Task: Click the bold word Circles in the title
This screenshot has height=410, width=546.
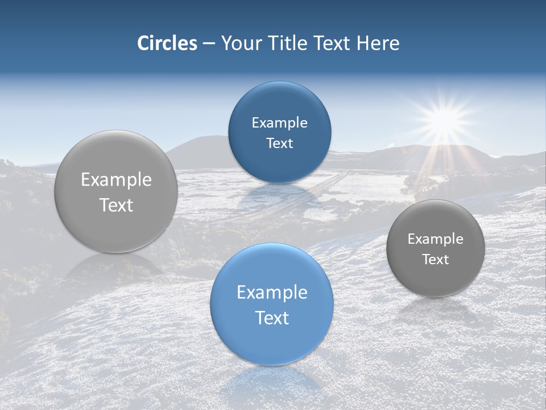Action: click(x=167, y=43)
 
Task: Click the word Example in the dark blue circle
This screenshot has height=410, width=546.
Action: click(x=279, y=123)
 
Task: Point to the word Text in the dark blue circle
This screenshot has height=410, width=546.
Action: click(x=279, y=143)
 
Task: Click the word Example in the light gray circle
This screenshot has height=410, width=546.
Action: click(x=116, y=180)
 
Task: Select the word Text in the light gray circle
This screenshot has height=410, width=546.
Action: click(x=116, y=205)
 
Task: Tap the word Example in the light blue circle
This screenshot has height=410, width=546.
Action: click(x=272, y=293)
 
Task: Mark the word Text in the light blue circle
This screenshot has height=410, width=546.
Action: click(x=272, y=318)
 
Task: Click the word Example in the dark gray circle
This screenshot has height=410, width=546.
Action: click(x=436, y=239)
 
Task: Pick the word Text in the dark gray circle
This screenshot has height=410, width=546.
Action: click(x=436, y=260)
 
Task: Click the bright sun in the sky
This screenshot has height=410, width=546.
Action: click(x=442, y=118)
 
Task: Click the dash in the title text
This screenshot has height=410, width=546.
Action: click(x=209, y=44)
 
